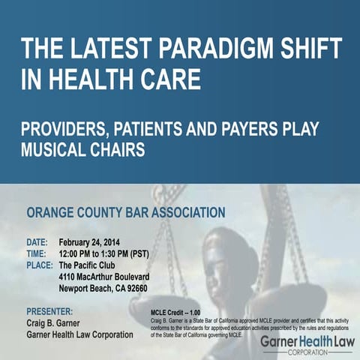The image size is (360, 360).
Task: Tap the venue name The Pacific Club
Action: [92, 265]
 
